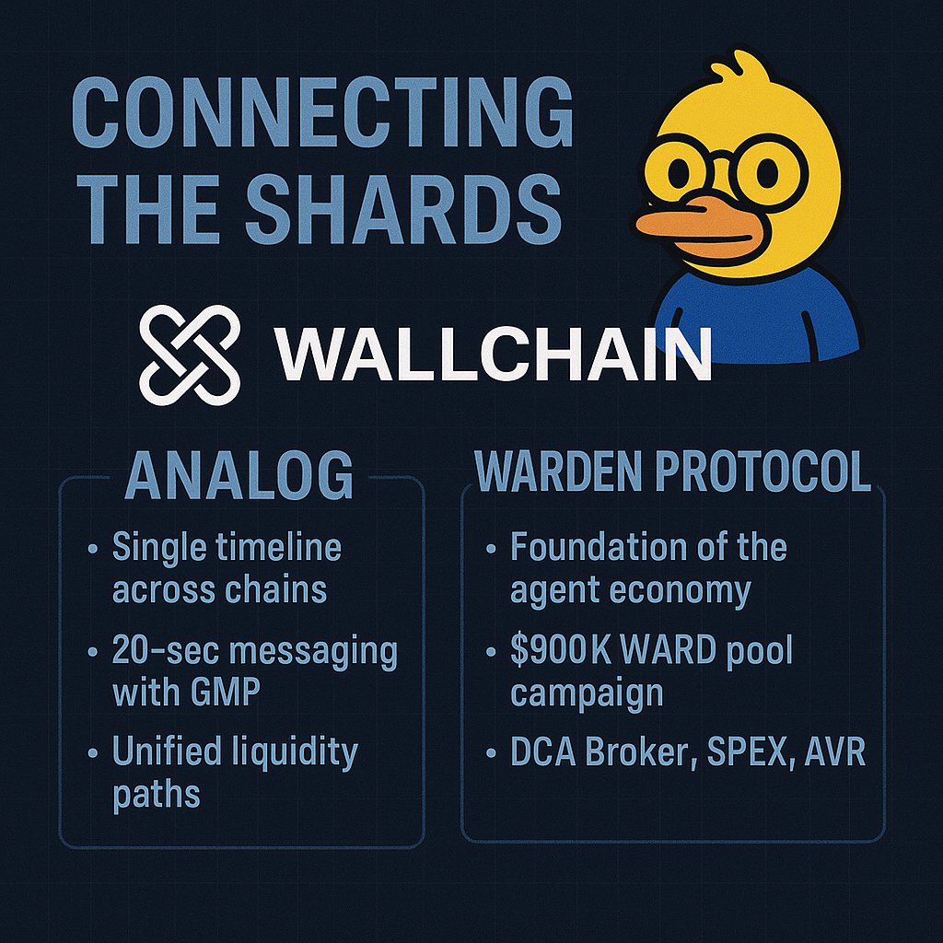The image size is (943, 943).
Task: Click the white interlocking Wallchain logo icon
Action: tap(190, 354)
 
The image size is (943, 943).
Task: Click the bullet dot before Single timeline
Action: tap(92, 550)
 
